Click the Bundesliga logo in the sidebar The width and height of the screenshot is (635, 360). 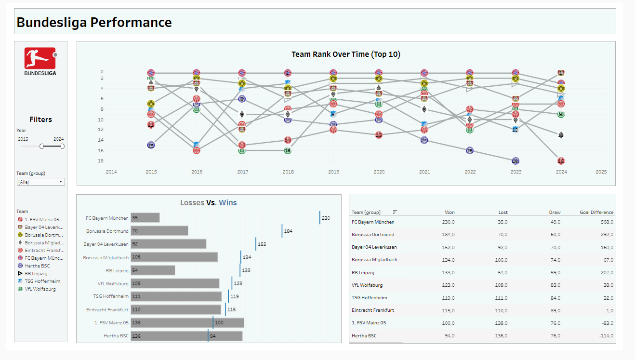coord(40,61)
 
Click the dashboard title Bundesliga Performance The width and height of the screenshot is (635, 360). coord(94,22)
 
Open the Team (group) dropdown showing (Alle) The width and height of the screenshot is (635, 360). coord(40,182)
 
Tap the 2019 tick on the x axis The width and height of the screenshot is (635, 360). coord(333,172)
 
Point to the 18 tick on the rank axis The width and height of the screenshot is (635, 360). coord(101,160)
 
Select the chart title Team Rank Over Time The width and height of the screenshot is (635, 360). coord(345,54)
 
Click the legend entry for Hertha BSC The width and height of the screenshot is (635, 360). coord(37,266)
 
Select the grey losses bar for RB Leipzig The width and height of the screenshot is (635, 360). coord(153,270)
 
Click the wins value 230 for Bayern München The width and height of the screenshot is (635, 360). coord(326,218)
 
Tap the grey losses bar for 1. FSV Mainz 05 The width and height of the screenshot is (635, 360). coord(187,323)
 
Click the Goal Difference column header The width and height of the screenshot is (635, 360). coord(596,212)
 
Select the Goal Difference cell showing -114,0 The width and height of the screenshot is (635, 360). coord(605,335)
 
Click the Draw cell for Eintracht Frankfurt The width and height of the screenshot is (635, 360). coord(555,310)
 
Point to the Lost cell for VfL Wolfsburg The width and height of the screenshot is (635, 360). coord(501,285)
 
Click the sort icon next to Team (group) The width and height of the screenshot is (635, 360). coord(395,212)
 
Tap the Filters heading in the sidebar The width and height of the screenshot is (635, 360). coord(40,120)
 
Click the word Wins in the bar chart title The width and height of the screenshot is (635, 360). coord(227,203)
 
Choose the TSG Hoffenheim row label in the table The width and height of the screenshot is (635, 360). coord(369,298)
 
